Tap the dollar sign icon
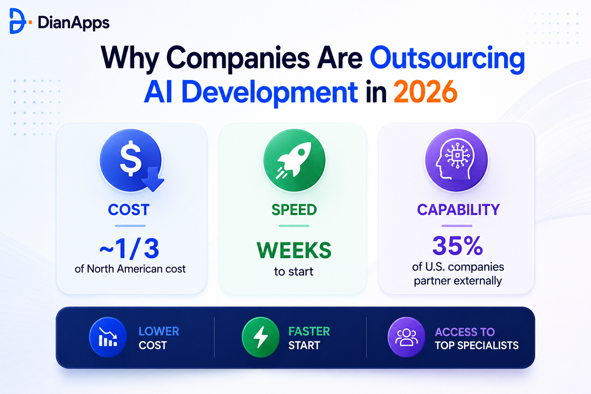click(130, 159)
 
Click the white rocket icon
click(294, 160)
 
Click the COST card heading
click(129, 210)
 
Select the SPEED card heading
click(294, 210)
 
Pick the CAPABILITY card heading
click(458, 210)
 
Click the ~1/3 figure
click(130, 249)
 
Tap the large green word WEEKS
click(294, 250)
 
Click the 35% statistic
click(457, 246)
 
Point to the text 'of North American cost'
click(130, 269)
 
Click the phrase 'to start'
click(294, 272)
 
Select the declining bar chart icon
click(108, 337)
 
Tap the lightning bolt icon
click(260, 337)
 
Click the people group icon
click(406, 337)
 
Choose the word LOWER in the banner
click(159, 331)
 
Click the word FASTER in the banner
click(309, 331)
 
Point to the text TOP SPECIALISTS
click(477, 346)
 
